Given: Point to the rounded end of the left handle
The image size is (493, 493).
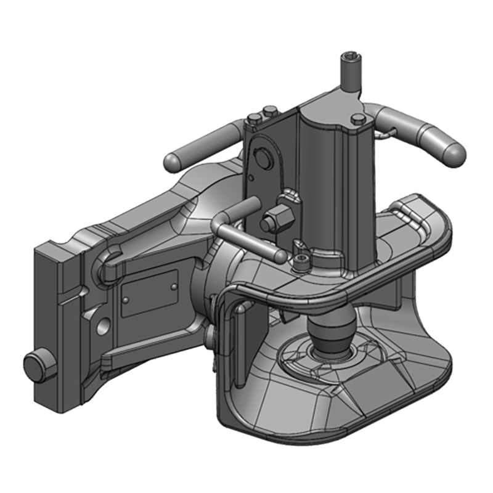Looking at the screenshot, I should [x=171, y=161].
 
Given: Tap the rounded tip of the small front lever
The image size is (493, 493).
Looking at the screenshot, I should [x=280, y=254].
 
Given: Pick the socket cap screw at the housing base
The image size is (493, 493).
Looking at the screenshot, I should [x=300, y=263].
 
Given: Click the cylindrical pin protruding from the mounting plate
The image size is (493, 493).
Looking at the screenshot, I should [x=36, y=367].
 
